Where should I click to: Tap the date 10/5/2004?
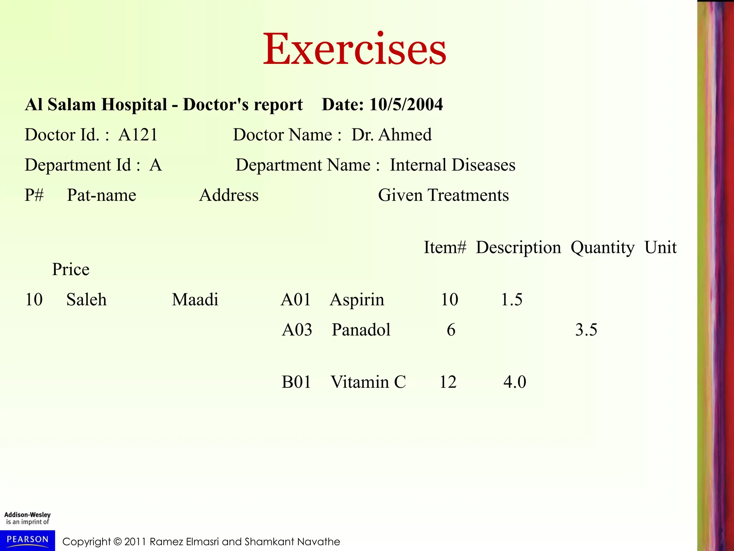point(406,105)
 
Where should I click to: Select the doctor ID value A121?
point(138,135)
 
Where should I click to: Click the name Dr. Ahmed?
point(391,135)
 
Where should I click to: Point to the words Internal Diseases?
point(452,165)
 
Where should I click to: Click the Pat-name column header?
point(101,196)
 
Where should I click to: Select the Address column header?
point(229,196)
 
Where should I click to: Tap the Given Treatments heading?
point(443,196)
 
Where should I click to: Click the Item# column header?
point(445,248)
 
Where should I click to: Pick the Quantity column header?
point(602,248)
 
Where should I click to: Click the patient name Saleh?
point(86,300)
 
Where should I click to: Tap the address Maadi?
point(195,300)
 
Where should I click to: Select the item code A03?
point(297,330)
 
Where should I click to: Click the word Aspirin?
point(357,300)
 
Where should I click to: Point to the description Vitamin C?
point(368,382)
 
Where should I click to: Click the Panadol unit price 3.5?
point(586,330)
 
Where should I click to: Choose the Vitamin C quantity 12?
point(448,382)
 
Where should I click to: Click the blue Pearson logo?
point(28,540)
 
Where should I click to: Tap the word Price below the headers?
point(71,269)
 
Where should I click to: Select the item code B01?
point(296,382)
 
